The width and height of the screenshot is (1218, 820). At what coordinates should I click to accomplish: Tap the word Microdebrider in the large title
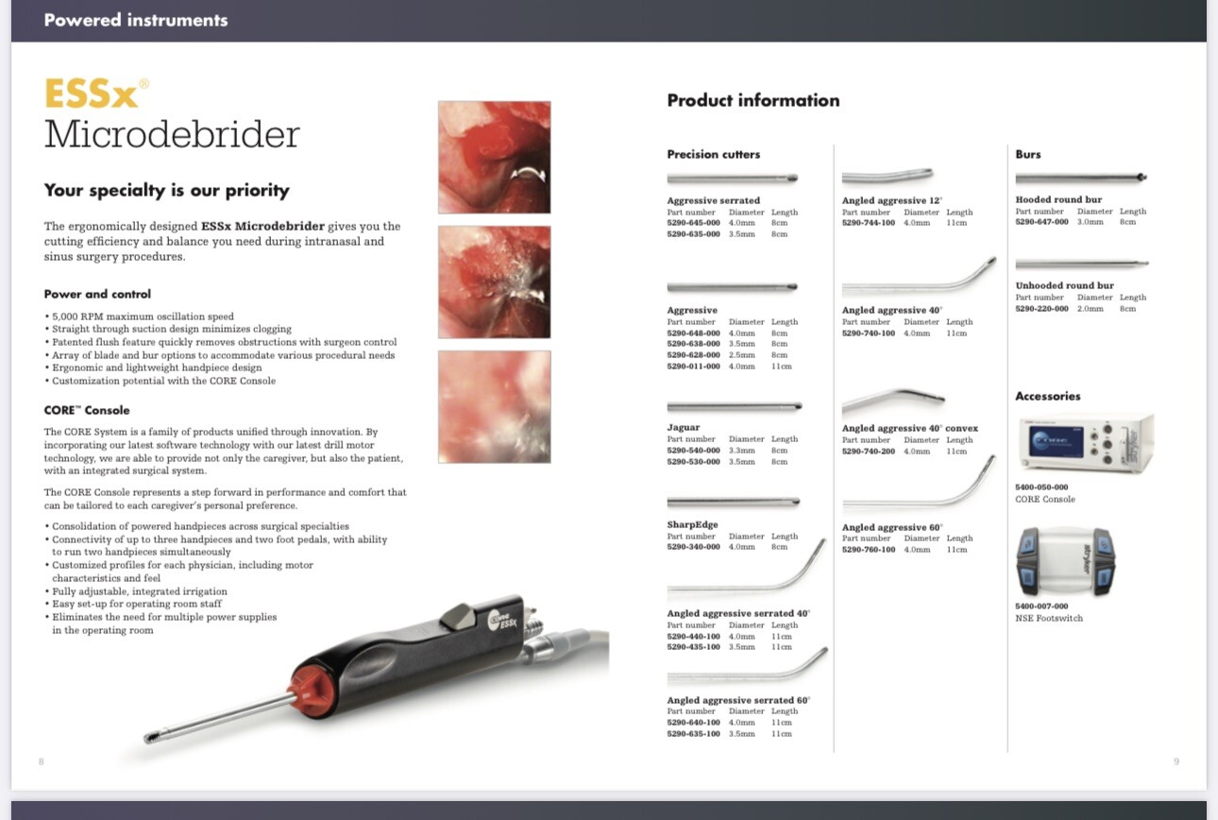click(172, 134)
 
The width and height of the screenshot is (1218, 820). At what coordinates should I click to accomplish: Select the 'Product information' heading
click(753, 100)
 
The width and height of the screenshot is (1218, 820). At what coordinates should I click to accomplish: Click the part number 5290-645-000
click(693, 223)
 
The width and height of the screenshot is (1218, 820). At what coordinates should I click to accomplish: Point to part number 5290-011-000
click(693, 367)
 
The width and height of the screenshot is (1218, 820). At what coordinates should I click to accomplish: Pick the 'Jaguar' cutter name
click(684, 428)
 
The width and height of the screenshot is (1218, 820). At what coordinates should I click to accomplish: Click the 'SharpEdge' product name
click(692, 525)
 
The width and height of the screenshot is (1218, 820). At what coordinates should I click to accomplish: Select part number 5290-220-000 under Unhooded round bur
click(1041, 309)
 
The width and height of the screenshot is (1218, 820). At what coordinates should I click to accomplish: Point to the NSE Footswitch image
click(1065, 563)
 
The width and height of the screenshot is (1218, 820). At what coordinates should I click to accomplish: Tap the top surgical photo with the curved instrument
click(494, 158)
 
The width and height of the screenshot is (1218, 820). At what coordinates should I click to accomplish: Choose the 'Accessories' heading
click(1047, 397)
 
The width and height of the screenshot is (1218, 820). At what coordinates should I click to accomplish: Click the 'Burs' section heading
click(1027, 154)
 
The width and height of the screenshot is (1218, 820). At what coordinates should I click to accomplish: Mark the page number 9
click(1176, 761)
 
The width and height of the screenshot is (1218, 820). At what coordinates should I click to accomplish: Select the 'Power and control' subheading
click(97, 294)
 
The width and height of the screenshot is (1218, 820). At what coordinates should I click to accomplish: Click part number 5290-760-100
click(869, 550)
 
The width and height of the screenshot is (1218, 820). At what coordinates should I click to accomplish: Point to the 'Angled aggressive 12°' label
click(891, 201)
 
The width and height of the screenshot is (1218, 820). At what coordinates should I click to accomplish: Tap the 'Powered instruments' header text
click(136, 20)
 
